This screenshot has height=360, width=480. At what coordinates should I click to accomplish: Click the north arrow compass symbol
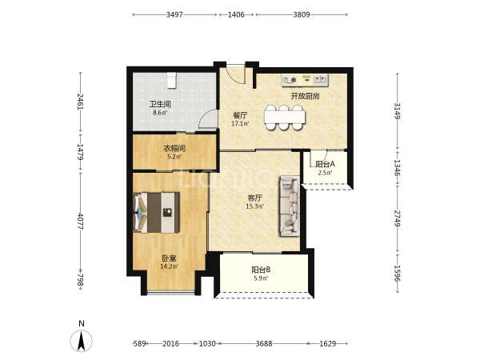[81, 340]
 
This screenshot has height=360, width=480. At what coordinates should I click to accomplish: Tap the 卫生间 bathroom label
[160, 104]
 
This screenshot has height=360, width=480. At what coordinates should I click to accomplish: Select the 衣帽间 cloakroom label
[174, 149]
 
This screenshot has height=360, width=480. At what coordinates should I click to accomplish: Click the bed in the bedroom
[157, 213]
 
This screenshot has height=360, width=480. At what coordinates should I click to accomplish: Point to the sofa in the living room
[289, 206]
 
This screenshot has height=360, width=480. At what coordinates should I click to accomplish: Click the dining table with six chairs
[285, 118]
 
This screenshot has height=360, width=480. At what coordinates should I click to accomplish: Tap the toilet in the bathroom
[171, 79]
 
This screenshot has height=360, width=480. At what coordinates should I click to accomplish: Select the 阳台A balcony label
[325, 164]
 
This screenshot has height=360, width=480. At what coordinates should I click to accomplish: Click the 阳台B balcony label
[261, 270]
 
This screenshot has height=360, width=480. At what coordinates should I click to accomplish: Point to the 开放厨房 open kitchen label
[306, 96]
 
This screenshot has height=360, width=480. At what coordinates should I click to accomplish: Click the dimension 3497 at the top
[174, 14]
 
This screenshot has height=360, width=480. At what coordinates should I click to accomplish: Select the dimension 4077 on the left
[81, 221]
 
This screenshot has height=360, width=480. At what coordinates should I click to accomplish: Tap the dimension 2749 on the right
[398, 218]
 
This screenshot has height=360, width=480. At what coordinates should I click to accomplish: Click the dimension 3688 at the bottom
[264, 343]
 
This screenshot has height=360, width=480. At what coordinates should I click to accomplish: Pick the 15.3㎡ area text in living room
[254, 206]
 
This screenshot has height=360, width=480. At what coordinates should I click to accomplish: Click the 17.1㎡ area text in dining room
[240, 124]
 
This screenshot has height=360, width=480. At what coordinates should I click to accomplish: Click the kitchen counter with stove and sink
[306, 80]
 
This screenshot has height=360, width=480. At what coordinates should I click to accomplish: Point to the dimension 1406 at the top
[236, 14]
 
